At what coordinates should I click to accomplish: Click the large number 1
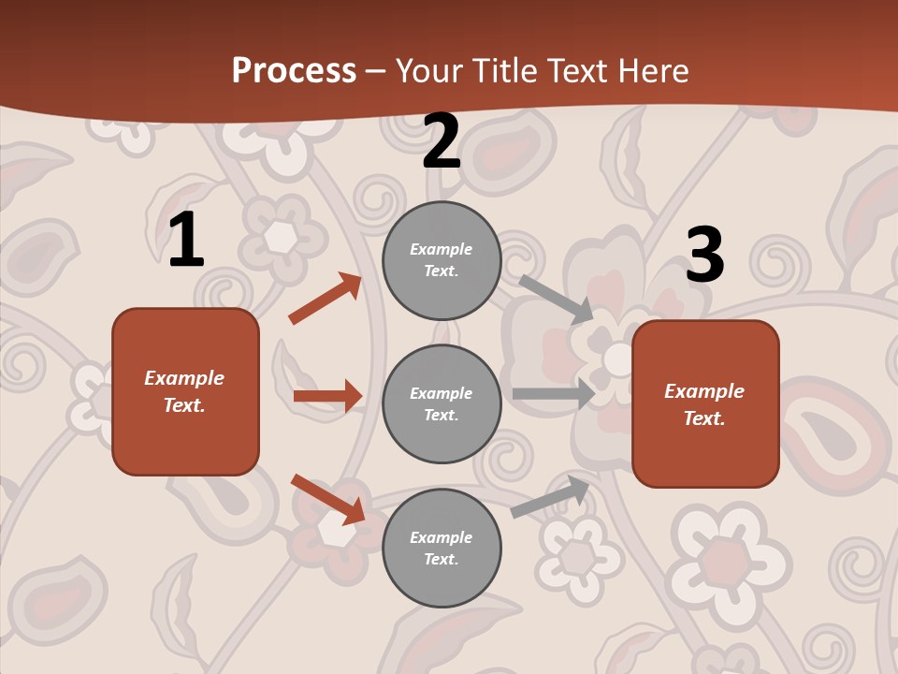186,241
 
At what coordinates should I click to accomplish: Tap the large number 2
442,141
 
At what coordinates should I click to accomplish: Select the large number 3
705,255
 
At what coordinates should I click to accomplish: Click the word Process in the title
294,70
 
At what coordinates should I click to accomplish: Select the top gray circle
442,260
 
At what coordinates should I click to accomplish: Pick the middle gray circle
442,403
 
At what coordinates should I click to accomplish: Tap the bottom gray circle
442,548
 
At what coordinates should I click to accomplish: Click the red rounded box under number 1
185,391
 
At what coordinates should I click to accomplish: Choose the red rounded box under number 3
705,403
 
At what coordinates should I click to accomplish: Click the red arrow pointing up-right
326,299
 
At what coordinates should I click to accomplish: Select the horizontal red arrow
327,396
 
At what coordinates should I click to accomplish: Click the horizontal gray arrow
554,394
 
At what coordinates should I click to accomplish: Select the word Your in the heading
427,70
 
